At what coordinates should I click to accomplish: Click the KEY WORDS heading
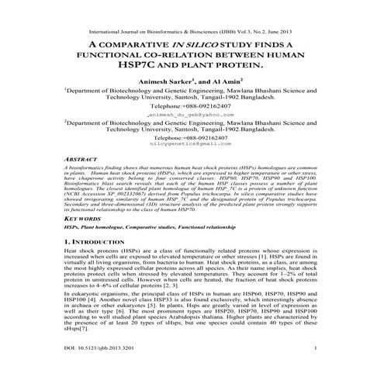coord(81,220)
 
